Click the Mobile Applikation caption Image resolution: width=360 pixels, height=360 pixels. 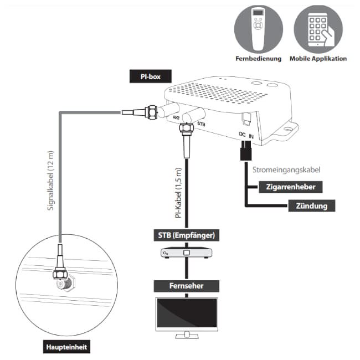[318, 58]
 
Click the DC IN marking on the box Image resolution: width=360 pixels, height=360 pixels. [246, 135]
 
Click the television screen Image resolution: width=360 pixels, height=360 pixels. [186, 315]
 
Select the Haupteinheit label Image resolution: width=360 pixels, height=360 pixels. [66, 347]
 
